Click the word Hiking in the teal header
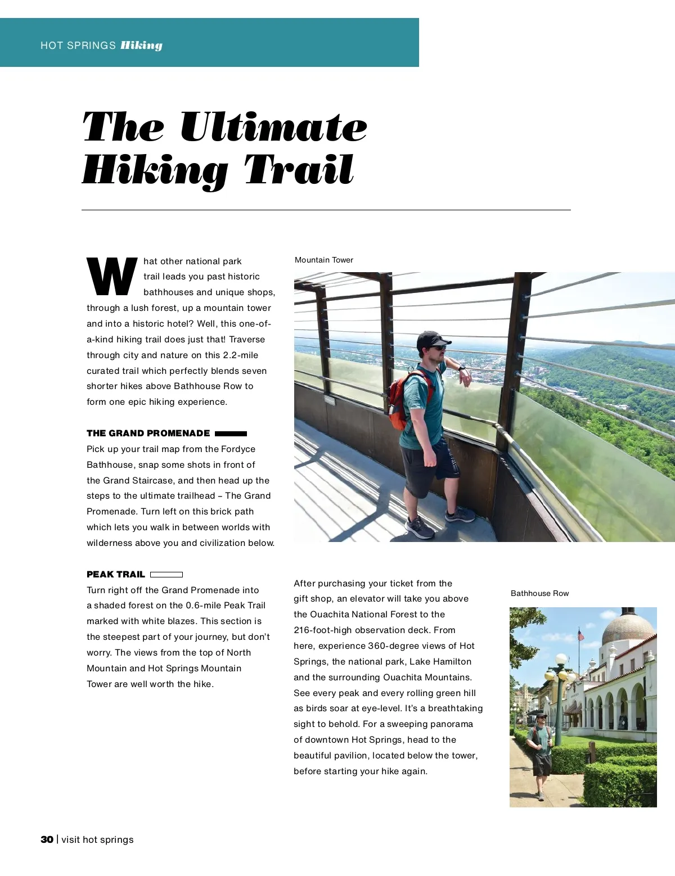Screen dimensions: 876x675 [x=141, y=46]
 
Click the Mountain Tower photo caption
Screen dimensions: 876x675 [x=324, y=260]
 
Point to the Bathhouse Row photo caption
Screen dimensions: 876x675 [x=539, y=593]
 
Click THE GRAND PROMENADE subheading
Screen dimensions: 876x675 [x=148, y=433]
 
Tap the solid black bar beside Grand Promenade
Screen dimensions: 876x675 [x=231, y=434]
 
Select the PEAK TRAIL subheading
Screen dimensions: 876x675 [x=116, y=574]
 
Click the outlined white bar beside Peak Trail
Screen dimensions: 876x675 [x=166, y=575]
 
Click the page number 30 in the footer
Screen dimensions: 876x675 [x=47, y=839]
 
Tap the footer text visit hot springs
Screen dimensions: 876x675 [x=97, y=839]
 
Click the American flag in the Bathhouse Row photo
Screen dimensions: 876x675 [x=580, y=635]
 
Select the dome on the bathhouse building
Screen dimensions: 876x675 [x=628, y=628]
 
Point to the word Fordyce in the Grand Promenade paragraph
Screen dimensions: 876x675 [x=238, y=449]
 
